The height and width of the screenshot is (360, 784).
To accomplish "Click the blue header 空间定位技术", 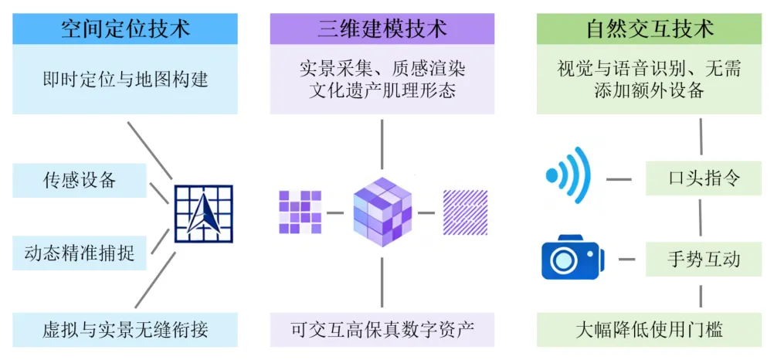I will [125, 29].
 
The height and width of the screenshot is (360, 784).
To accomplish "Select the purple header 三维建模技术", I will [382, 29].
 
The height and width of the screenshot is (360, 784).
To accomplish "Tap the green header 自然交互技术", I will [649, 29].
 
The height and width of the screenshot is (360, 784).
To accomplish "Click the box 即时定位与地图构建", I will [125, 79].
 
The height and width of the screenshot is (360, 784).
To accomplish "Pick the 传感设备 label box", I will [80, 181].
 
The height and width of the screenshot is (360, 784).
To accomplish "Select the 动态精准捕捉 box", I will [80, 253].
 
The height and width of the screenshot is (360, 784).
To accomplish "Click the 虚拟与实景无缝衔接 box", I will [125, 330].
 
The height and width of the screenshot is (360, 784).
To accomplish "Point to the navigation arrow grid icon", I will [203, 214].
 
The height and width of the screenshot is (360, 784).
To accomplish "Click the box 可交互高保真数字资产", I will [382, 330].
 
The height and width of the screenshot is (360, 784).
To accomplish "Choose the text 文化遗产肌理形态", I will [382, 90].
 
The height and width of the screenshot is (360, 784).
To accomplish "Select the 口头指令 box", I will [703, 179].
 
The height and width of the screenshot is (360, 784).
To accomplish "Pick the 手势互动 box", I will [703, 258].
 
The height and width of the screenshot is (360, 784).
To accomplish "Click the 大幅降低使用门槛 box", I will [649, 330].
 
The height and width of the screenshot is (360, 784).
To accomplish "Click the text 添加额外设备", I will [649, 90].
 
